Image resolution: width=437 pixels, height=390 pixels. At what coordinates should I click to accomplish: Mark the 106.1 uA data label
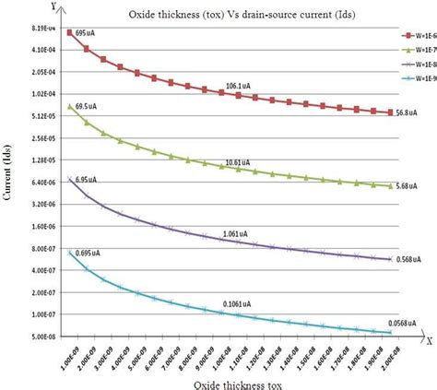pyautogui.click(x=241, y=86)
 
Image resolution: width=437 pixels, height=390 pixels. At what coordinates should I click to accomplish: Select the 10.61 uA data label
pyautogui.click(x=240, y=162)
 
